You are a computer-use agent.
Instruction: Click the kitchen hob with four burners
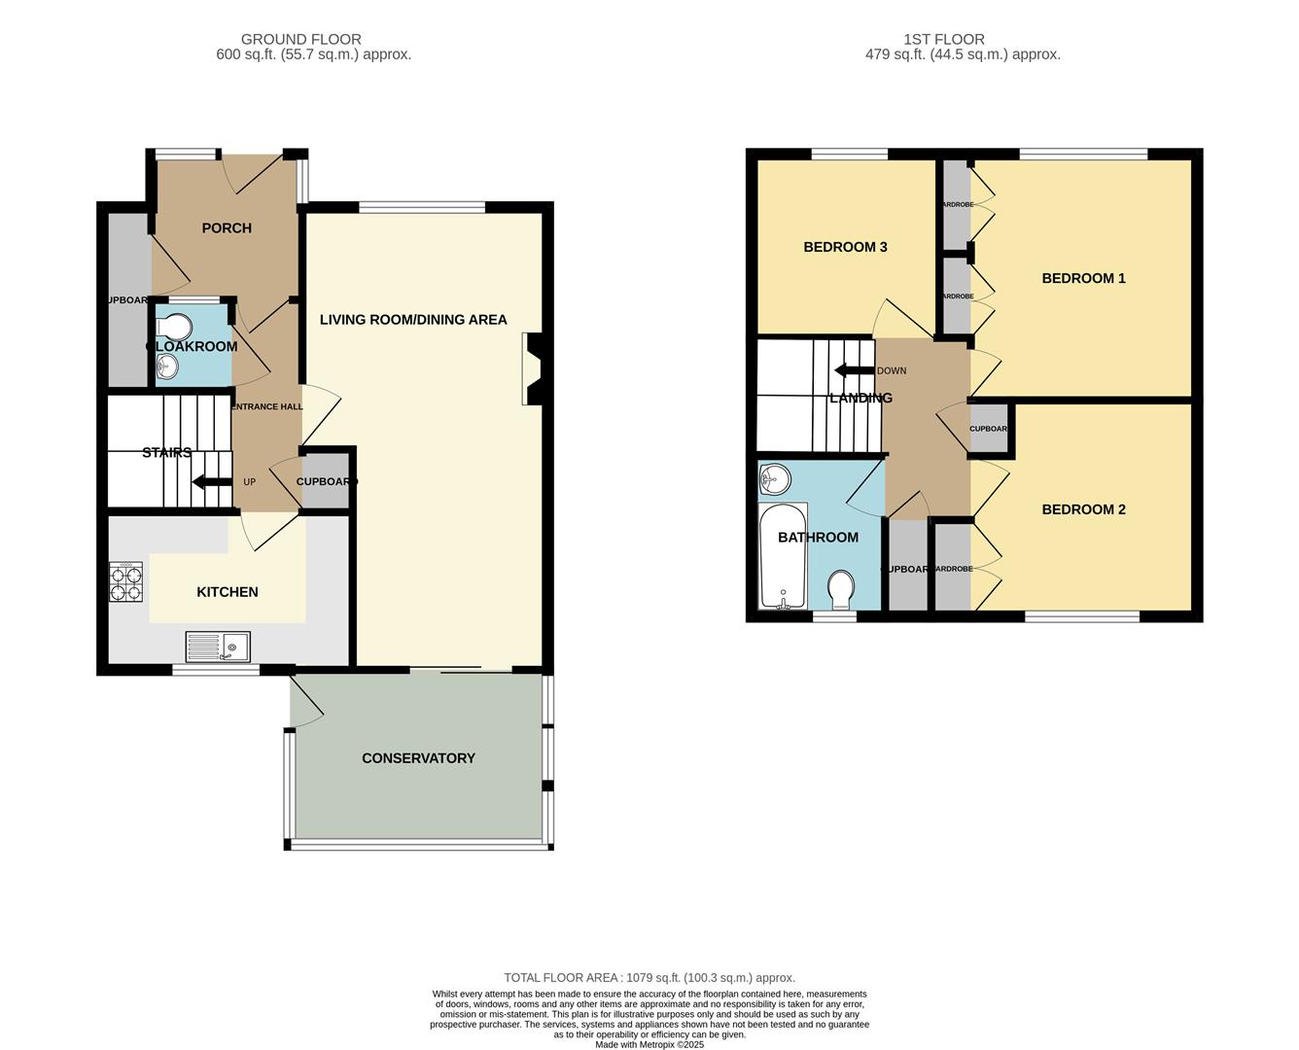click(125, 582)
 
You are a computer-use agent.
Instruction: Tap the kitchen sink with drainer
click(218, 647)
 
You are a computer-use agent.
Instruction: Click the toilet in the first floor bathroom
click(841, 588)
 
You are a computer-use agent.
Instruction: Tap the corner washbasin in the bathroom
click(774, 477)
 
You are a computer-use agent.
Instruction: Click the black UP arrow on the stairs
click(212, 481)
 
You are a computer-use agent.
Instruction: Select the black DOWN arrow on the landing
click(854, 370)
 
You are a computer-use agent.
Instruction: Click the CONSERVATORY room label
click(418, 758)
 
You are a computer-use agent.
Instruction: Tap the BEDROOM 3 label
click(845, 247)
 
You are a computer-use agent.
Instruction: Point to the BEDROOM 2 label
click(1083, 509)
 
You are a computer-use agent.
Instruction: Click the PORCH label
click(227, 228)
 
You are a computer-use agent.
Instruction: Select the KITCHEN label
click(228, 592)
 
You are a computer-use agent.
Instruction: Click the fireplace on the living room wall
click(533, 368)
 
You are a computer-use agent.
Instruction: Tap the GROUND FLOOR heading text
click(301, 40)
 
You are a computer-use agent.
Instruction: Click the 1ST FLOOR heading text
click(943, 40)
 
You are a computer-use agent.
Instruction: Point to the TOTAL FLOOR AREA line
click(649, 978)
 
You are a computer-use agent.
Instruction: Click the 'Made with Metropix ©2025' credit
click(649, 1044)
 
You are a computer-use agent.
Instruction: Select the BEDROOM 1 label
click(1083, 279)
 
